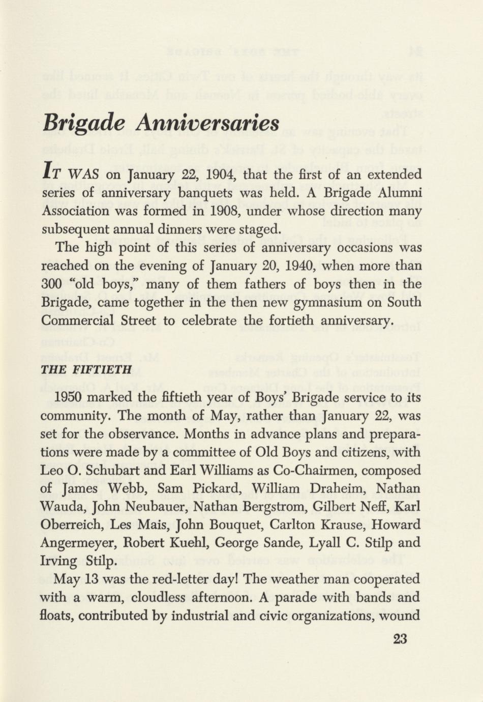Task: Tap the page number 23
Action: click(x=400, y=639)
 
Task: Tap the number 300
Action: click(x=51, y=284)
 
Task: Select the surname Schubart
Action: click(x=113, y=470)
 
